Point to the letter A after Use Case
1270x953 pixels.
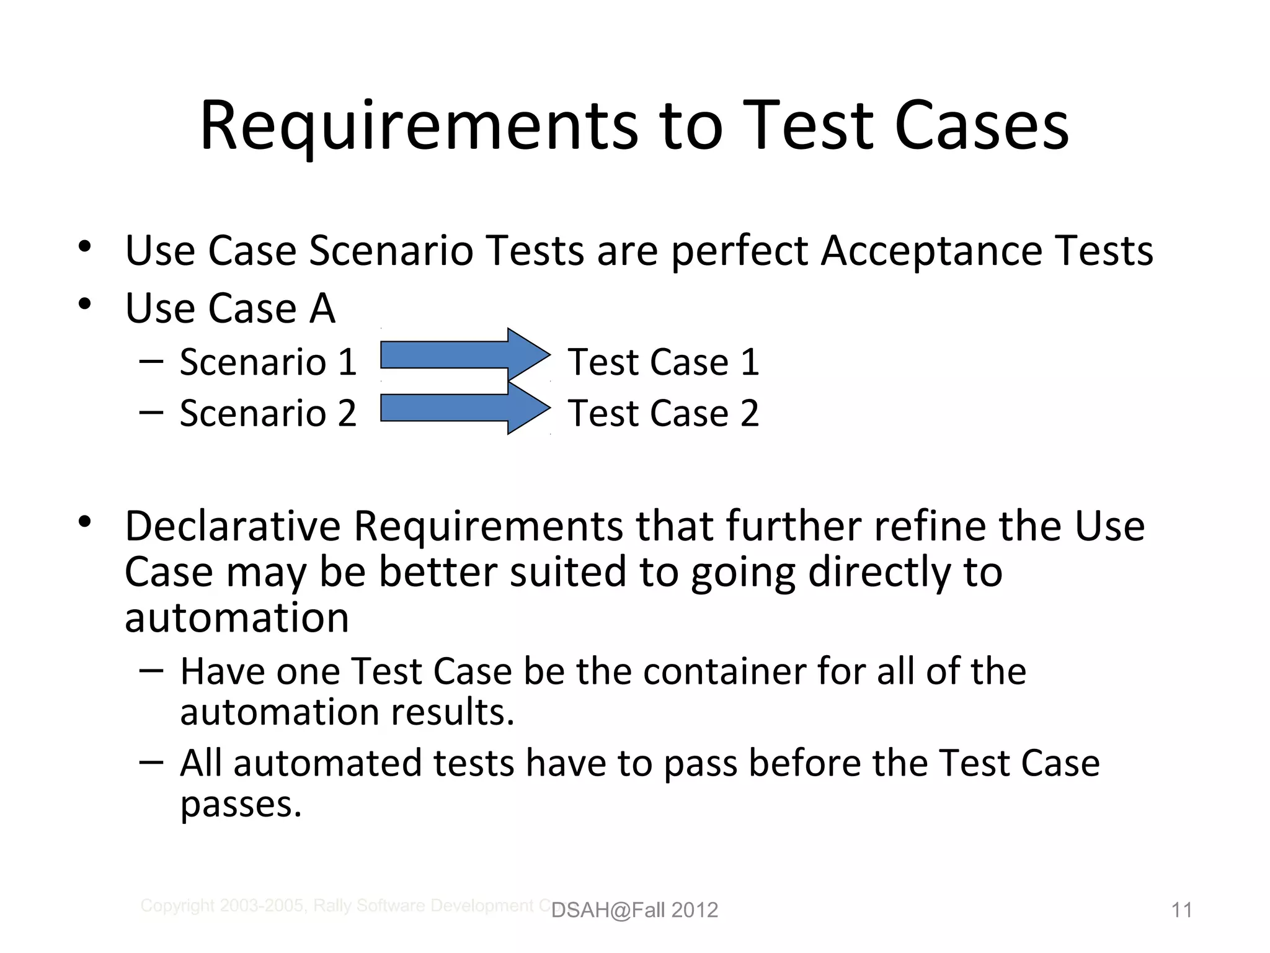[322, 308]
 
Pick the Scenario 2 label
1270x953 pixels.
[268, 413]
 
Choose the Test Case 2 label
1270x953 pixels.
[663, 413]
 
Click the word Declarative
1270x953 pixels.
[233, 527]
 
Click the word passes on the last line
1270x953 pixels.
[241, 805]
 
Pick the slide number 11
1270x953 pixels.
[1181, 910]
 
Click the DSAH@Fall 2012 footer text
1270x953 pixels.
[634, 910]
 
